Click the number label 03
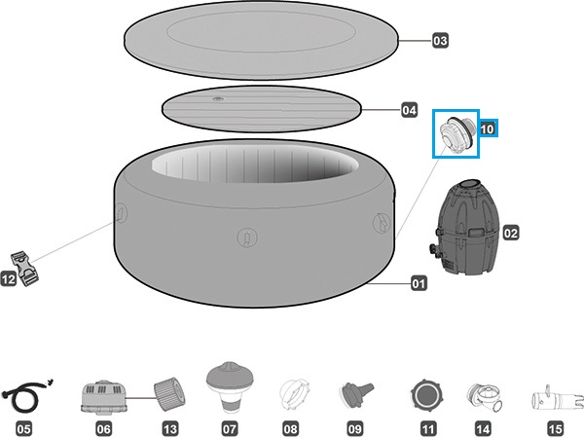[440, 40]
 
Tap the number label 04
[409, 110]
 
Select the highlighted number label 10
[488, 128]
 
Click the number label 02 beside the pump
[511, 234]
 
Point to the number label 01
[419, 284]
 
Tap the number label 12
[9, 279]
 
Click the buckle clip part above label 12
[25, 269]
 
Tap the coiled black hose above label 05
[26, 395]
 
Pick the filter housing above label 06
[104, 398]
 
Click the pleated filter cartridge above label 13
[169, 393]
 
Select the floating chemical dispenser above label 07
[230, 386]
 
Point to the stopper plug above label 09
[356, 395]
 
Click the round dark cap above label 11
[427, 395]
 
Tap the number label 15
[556, 428]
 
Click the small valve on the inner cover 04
[218, 99]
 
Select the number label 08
[291, 428]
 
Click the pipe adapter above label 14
[484, 397]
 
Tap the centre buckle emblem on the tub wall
[247, 237]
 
